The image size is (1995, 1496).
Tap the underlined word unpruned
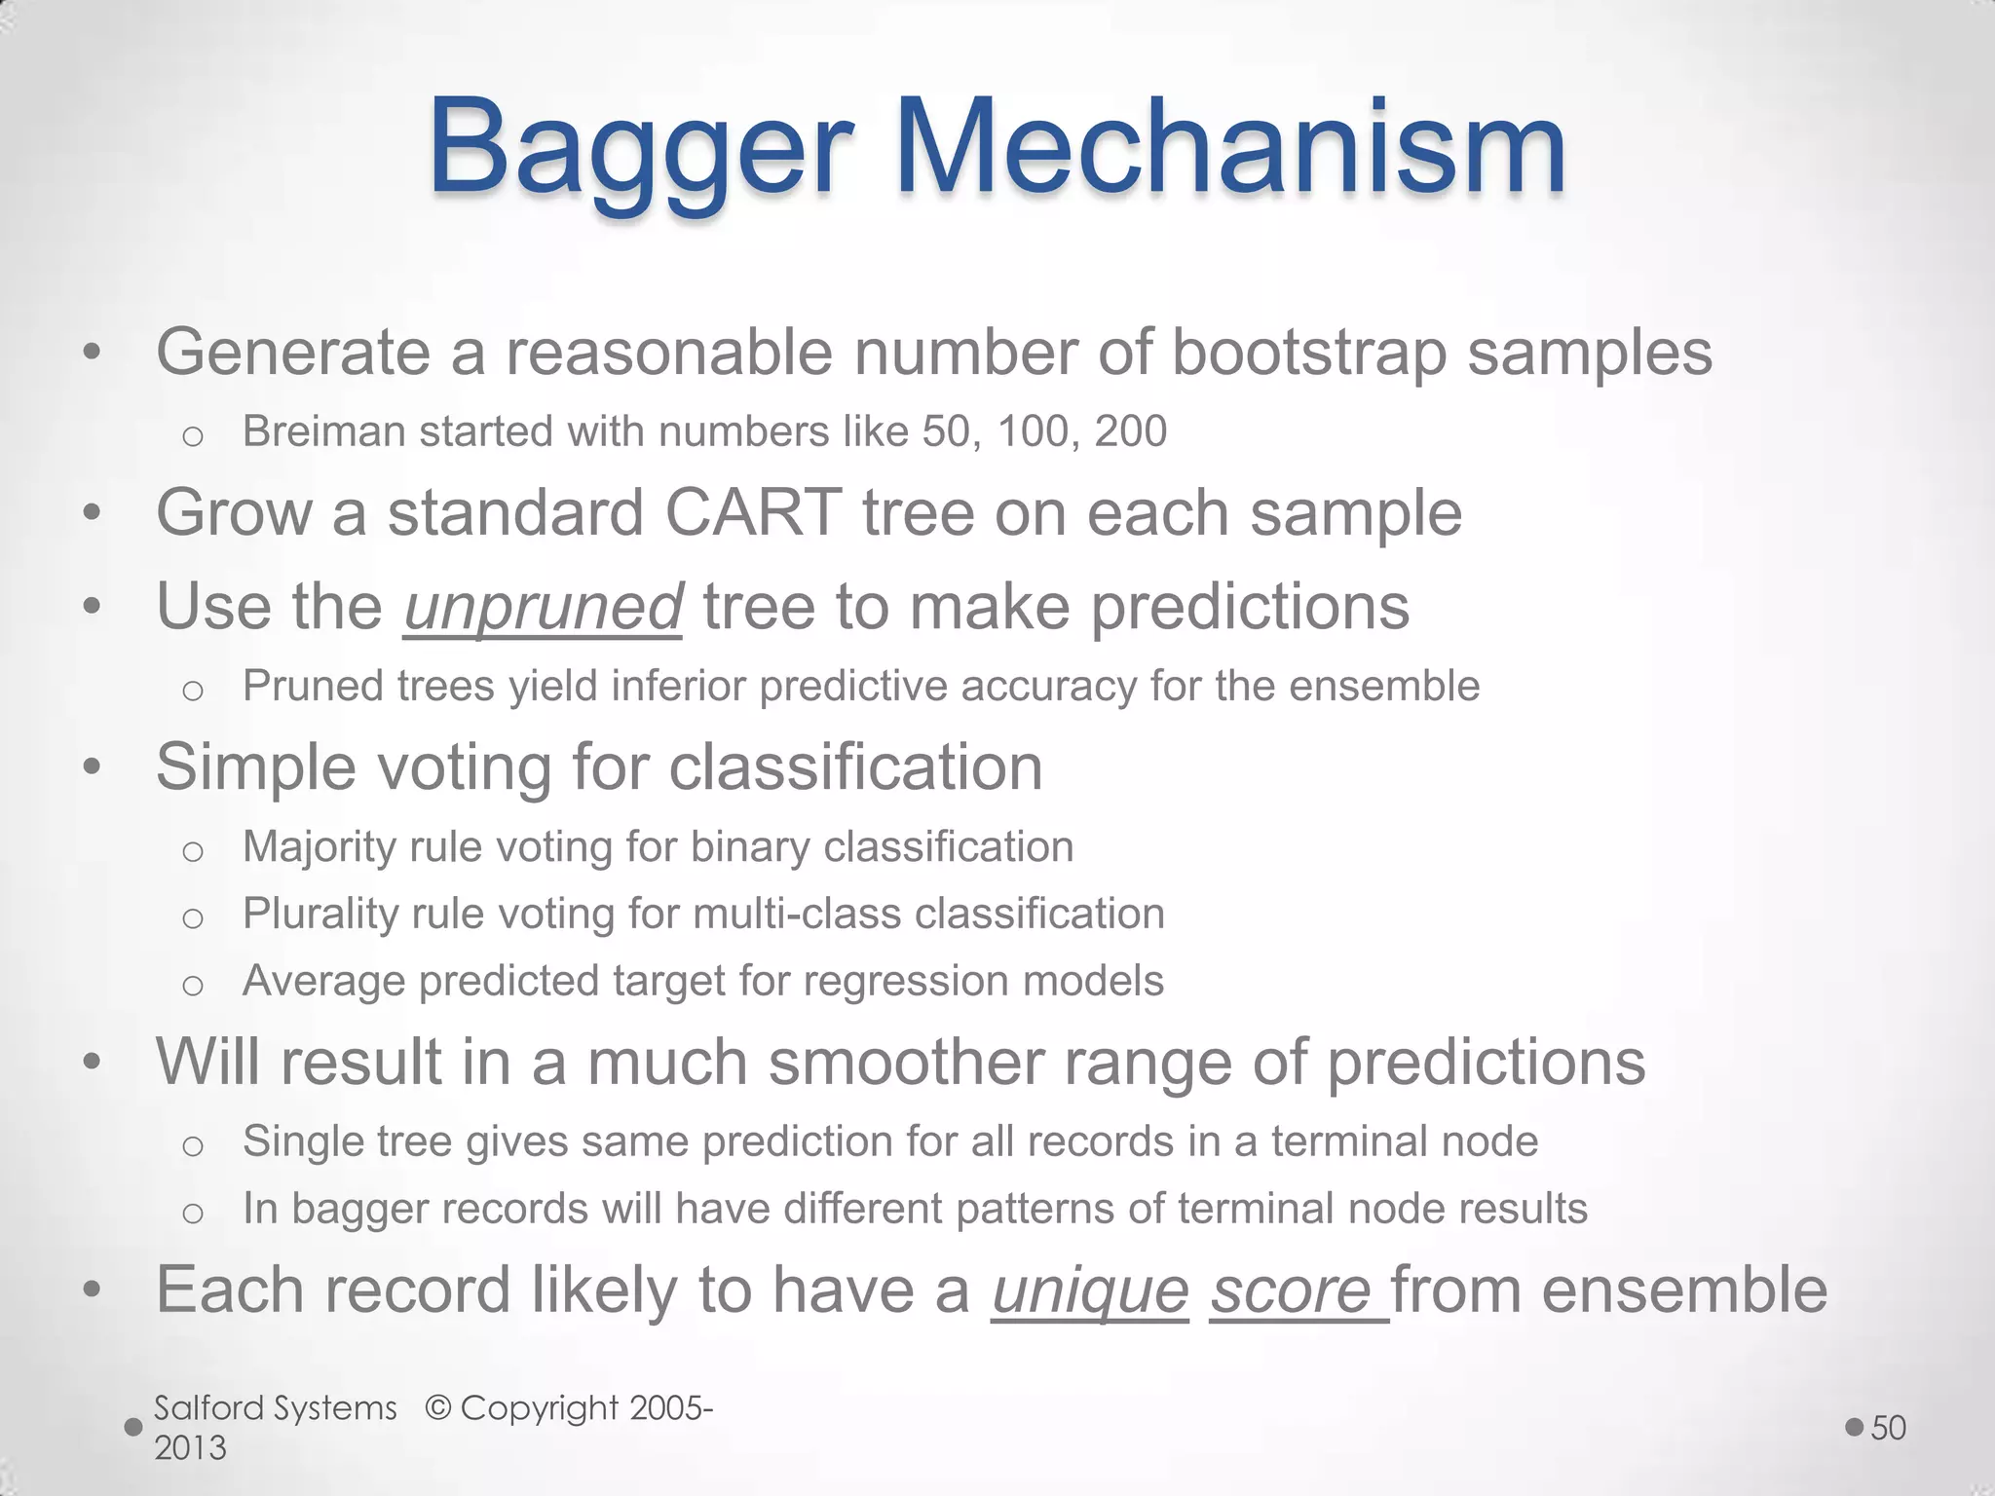point(543,607)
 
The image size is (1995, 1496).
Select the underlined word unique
point(1090,1290)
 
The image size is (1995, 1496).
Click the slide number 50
point(1888,1428)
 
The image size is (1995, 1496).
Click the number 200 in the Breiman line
point(1130,431)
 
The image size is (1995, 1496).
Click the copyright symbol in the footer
point(439,1408)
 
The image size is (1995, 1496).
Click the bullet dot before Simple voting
point(93,768)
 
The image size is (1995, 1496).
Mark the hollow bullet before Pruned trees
point(193,691)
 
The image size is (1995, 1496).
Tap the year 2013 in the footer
point(190,1448)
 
